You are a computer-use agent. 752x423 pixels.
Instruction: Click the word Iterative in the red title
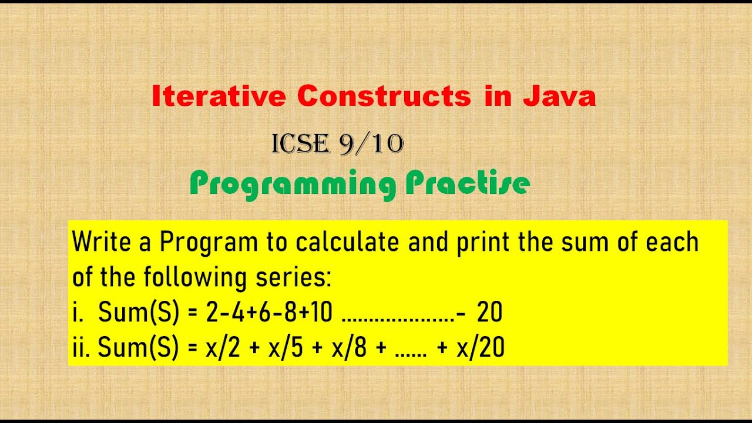click(x=219, y=96)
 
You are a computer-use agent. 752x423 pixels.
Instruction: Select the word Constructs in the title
click(x=384, y=96)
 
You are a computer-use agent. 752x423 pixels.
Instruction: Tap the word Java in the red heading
click(x=559, y=96)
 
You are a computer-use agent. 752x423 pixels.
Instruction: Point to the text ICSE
click(x=300, y=144)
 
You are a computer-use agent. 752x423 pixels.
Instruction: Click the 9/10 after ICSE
click(x=371, y=144)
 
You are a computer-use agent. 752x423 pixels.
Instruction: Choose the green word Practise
click(x=468, y=184)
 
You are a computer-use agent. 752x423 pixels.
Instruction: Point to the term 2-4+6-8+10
click(x=269, y=313)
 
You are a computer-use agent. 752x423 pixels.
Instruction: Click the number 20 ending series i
click(x=489, y=313)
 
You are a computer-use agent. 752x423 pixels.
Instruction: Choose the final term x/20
click(x=479, y=348)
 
